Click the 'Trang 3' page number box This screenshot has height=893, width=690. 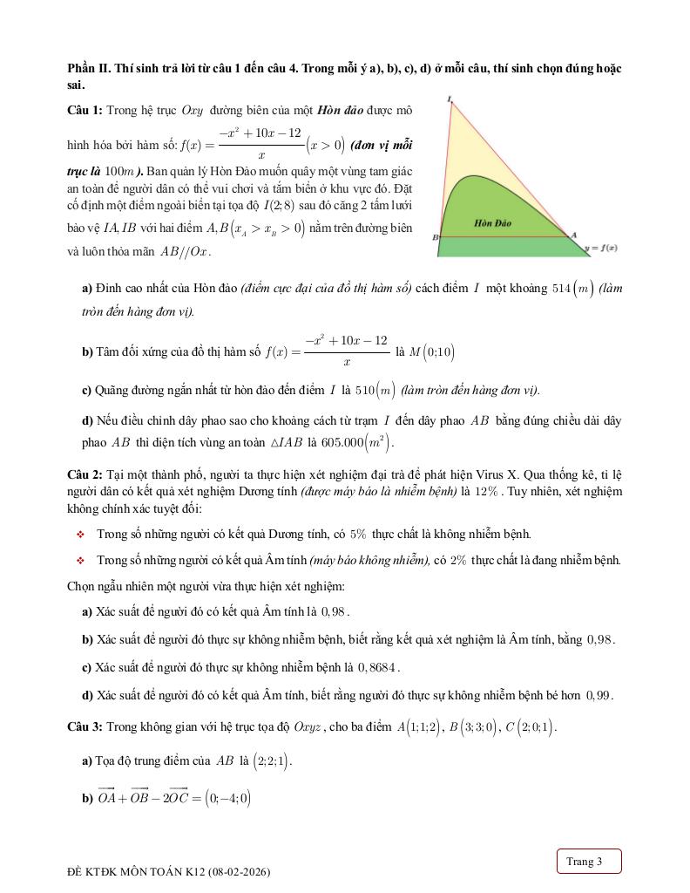[589, 862]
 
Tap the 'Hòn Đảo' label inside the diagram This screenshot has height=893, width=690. [493, 223]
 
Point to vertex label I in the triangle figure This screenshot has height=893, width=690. [449, 99]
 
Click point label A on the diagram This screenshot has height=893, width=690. [573, 234]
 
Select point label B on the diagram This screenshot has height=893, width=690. [435, 237]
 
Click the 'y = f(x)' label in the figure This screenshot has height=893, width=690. [601, 249]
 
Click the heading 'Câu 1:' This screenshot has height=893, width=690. [85, 111]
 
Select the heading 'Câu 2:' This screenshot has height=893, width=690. [85, 474]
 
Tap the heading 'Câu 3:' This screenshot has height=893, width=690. [85, 726]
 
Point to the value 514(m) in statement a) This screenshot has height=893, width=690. [573, 289]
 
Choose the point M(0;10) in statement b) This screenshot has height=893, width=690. [432, 352]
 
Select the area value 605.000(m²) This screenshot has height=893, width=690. [357, 442]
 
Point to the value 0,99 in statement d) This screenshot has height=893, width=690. [599, 695]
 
